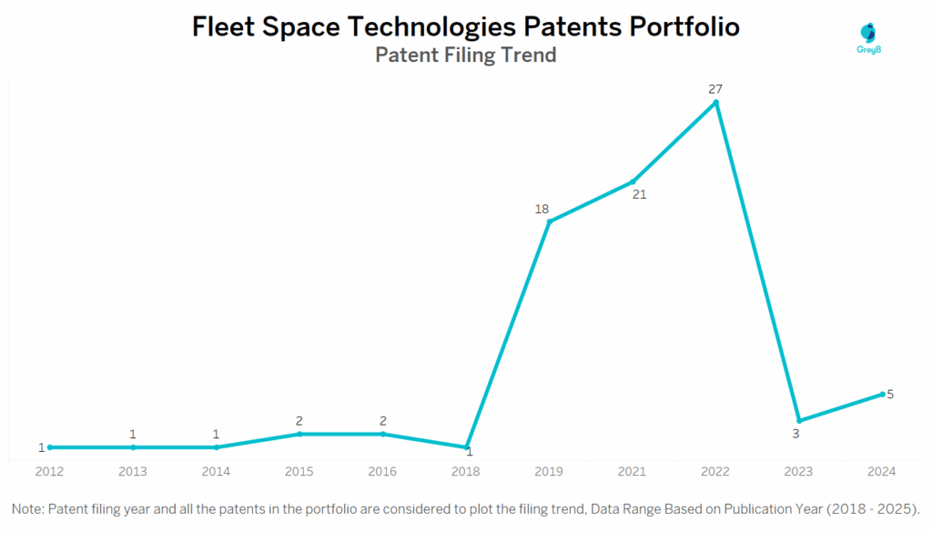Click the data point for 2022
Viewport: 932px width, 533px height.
[716, 102]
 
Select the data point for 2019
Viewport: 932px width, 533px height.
[549, 221]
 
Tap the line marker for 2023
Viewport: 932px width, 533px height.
[798, 420]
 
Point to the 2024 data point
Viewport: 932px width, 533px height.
[882, 394]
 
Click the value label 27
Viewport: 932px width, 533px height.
[716, 88]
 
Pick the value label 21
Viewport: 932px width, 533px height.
[639, 194]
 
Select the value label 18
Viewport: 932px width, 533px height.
[542, 209]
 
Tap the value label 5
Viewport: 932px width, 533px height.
[890, 394]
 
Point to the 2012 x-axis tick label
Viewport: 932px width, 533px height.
[49, 471]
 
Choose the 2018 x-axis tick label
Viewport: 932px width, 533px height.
[466, 471]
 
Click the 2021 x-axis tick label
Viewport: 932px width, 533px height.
[633, 471]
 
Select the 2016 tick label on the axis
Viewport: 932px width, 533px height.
[382, 471]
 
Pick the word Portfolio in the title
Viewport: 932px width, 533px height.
[684, 27]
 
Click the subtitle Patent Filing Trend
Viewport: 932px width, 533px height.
[466, 55]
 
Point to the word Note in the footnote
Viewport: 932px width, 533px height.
[28, 507]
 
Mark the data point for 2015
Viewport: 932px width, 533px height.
[299, 434]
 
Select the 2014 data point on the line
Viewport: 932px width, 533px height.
[216, 447]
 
